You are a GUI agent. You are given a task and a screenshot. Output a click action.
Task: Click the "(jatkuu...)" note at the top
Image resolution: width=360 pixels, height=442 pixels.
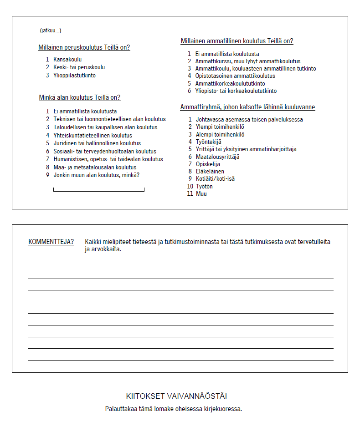(51, 30)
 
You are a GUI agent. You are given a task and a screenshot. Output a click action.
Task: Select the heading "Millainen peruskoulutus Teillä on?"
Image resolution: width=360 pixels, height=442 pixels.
(84, 48)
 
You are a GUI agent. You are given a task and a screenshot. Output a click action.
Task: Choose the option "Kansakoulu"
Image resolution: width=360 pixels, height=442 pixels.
(67, 59)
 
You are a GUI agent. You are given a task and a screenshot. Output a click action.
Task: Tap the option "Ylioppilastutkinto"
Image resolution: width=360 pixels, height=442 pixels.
(74, 76)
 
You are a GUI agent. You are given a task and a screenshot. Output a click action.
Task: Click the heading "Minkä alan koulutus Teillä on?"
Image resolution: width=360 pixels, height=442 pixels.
(80, 98)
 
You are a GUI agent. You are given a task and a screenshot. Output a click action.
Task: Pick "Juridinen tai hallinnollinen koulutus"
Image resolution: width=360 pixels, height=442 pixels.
(97, 143)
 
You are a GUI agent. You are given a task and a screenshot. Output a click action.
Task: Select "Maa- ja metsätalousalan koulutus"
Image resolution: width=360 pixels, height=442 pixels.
(95, 167)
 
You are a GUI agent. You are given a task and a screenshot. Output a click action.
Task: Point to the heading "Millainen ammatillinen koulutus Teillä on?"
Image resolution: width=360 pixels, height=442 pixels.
(237, 41)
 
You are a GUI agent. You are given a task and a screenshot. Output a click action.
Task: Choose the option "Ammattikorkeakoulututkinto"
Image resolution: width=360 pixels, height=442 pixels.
(230, 84)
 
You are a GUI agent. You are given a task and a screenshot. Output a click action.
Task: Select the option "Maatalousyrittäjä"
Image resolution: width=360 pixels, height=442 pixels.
(217, 157)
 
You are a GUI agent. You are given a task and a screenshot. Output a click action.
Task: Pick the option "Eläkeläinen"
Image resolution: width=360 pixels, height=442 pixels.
(210, 172)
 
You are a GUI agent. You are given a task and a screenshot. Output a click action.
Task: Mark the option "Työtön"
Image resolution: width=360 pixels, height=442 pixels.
(204, 186)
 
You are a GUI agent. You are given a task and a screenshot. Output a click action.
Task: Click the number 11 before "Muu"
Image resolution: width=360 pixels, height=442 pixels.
(190, 194)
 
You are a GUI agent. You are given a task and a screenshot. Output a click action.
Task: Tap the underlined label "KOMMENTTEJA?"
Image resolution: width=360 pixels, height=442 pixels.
(51, 242)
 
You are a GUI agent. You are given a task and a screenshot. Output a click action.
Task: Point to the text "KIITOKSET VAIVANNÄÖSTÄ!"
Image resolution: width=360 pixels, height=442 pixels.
(176, 396)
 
